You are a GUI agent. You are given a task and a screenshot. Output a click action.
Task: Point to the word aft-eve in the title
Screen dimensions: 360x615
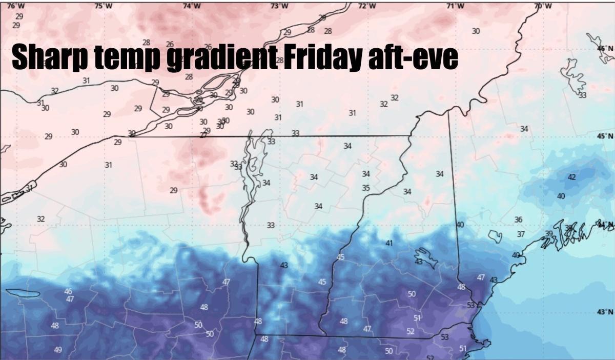[412, 57]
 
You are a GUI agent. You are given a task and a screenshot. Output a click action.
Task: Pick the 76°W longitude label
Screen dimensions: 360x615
[16, 6]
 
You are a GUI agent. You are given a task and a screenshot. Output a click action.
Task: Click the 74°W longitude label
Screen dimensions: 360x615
[192, 6]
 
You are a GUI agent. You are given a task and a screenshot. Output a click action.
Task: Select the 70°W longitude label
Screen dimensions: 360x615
[543, 6]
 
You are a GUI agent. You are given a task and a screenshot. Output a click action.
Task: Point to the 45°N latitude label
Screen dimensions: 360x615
[605, 136]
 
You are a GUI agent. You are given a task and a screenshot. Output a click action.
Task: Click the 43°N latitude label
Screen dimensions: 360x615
[605, 312]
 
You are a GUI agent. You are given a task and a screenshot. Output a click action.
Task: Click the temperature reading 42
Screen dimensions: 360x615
[572, 177]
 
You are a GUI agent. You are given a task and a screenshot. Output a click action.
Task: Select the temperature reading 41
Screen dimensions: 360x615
[389, 243]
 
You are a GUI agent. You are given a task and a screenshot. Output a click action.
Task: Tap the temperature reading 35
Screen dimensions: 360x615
[366, 188]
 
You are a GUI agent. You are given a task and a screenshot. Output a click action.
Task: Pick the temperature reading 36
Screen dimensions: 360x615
[518, 220]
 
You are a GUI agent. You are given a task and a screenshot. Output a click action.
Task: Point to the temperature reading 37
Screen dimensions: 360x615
[521, 234]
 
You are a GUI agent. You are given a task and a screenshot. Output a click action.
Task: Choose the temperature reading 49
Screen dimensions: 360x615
[58, 350]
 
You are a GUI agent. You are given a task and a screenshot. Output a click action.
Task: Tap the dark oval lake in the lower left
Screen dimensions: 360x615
[23, 294]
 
